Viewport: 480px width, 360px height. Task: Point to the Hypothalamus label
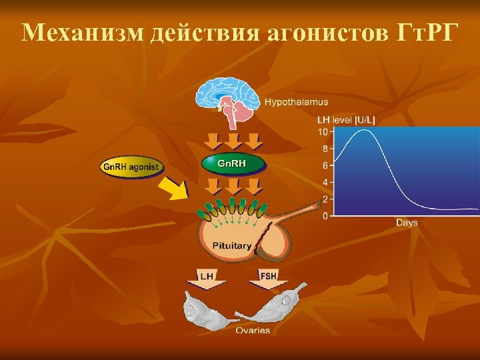click(x=297, y=102)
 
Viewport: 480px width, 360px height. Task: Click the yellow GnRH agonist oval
click(x=132, y=166)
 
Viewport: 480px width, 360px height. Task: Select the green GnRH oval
click(x=233, y=163)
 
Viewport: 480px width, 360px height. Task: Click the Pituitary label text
click(x=232, y=245)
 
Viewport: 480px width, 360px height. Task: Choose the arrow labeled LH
click(x=211, y=278)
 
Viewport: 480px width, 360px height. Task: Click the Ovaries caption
click(x=253, y=330)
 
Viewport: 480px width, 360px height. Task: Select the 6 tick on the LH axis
click(x=325, y=165)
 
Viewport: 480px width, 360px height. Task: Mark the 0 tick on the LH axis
click(x=325, y=215)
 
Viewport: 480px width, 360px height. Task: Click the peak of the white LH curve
click(x=363, y=131)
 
